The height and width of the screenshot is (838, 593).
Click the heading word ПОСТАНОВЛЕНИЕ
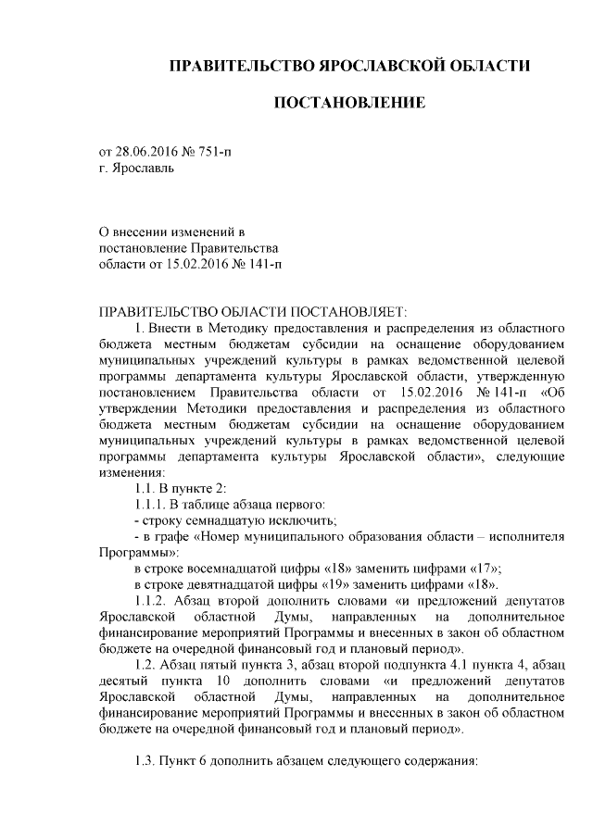coord(349,102)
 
